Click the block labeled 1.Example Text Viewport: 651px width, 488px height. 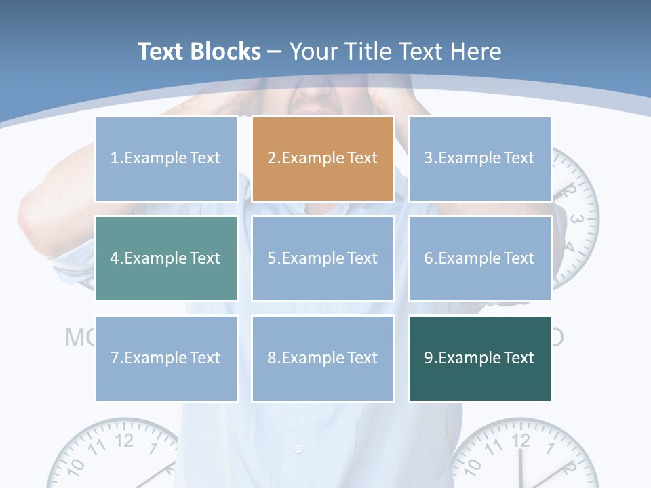coord(166,159)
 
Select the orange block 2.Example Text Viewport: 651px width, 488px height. coord(323,159)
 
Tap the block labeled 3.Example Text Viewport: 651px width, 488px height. coord(479,159)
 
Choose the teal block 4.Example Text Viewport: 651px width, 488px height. coord(166,258)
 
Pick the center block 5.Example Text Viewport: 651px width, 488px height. coord(323,258)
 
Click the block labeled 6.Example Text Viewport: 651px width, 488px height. coord(479,258)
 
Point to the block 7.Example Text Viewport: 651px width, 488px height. coord(166,358)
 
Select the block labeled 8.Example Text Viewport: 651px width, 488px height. coord(323,358)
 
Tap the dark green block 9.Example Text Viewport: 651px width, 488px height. coord(479,358)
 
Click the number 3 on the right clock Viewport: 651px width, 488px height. coord(576,219)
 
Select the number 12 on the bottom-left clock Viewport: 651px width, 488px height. coord(124,440)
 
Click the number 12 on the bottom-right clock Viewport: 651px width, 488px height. coord(521,441)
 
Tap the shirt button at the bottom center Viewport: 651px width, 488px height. coord(299,449)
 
